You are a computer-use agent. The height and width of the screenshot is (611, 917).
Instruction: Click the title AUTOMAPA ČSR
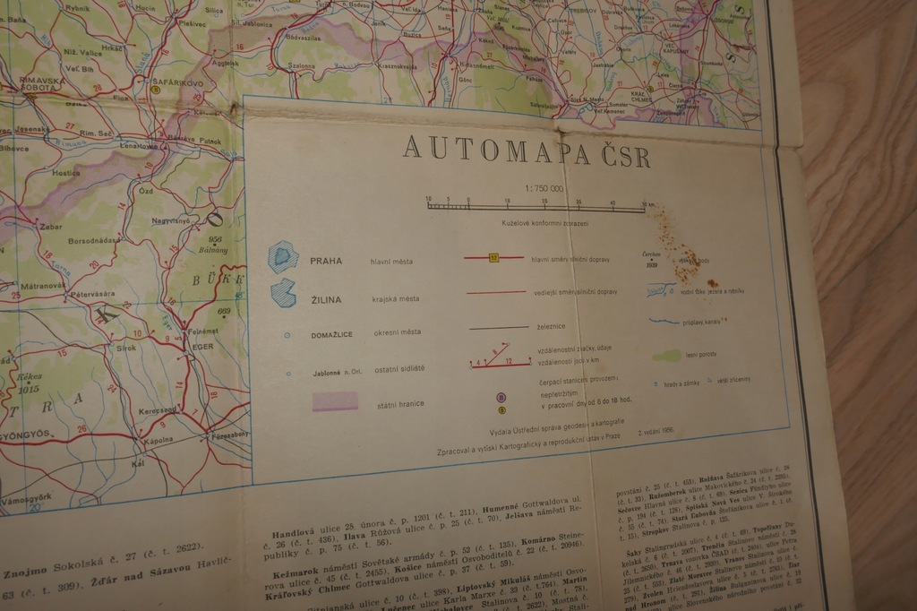527,151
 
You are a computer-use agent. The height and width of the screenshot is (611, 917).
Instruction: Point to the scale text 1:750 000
544,189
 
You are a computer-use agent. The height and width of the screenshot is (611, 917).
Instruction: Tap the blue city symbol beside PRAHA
283,257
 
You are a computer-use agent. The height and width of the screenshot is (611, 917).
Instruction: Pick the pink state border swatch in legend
335,400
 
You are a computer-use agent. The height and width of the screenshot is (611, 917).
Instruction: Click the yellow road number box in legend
493,258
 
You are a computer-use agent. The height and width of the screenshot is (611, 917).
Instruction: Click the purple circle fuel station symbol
501,396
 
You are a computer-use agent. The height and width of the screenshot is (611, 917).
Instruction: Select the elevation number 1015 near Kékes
29,390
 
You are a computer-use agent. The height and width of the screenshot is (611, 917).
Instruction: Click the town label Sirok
125,347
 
